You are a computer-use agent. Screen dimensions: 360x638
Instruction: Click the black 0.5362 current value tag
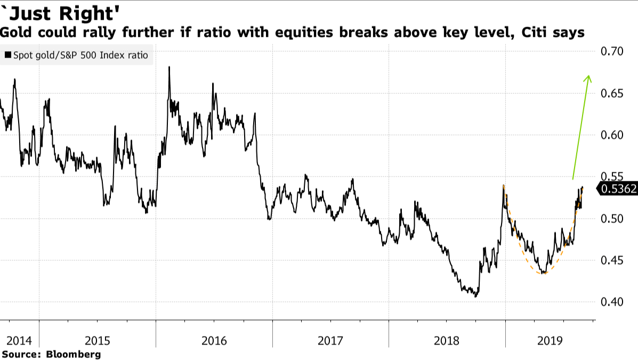click(x=618, y=188)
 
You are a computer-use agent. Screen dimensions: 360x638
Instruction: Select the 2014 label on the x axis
click(x=18, y=340)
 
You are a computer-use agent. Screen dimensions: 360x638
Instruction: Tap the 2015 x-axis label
click(x=97, y=340)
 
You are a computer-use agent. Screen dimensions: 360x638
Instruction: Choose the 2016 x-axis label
click(x=214, y=340)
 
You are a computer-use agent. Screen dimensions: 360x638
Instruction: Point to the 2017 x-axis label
click(x=330, y=340)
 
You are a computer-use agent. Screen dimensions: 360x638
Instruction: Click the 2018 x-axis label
click(x=447, y=340)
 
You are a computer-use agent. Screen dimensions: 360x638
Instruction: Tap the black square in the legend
click(x=8, y=55)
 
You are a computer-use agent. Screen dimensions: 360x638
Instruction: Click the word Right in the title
click(x=86, y=10)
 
